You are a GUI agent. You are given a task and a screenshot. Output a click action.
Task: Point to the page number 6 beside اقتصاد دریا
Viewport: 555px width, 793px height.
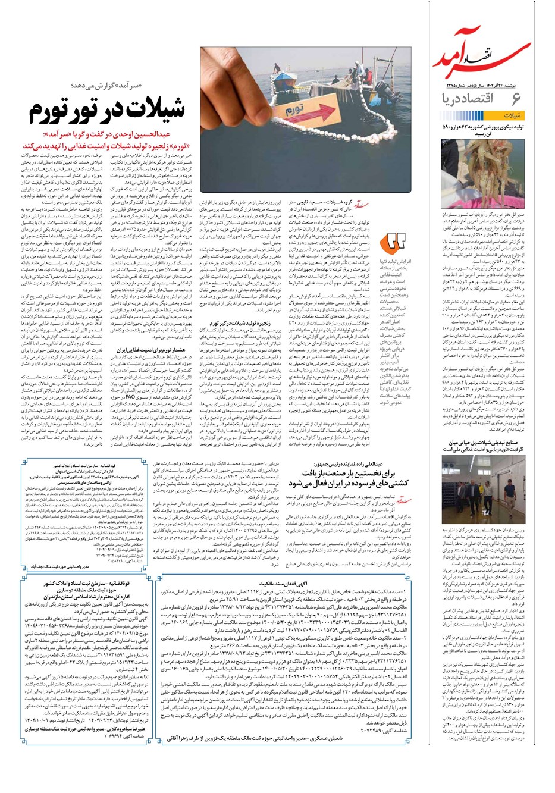click(x=515, y=99)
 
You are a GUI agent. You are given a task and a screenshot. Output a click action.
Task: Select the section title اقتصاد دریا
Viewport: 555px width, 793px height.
click(x=476, y=99)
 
